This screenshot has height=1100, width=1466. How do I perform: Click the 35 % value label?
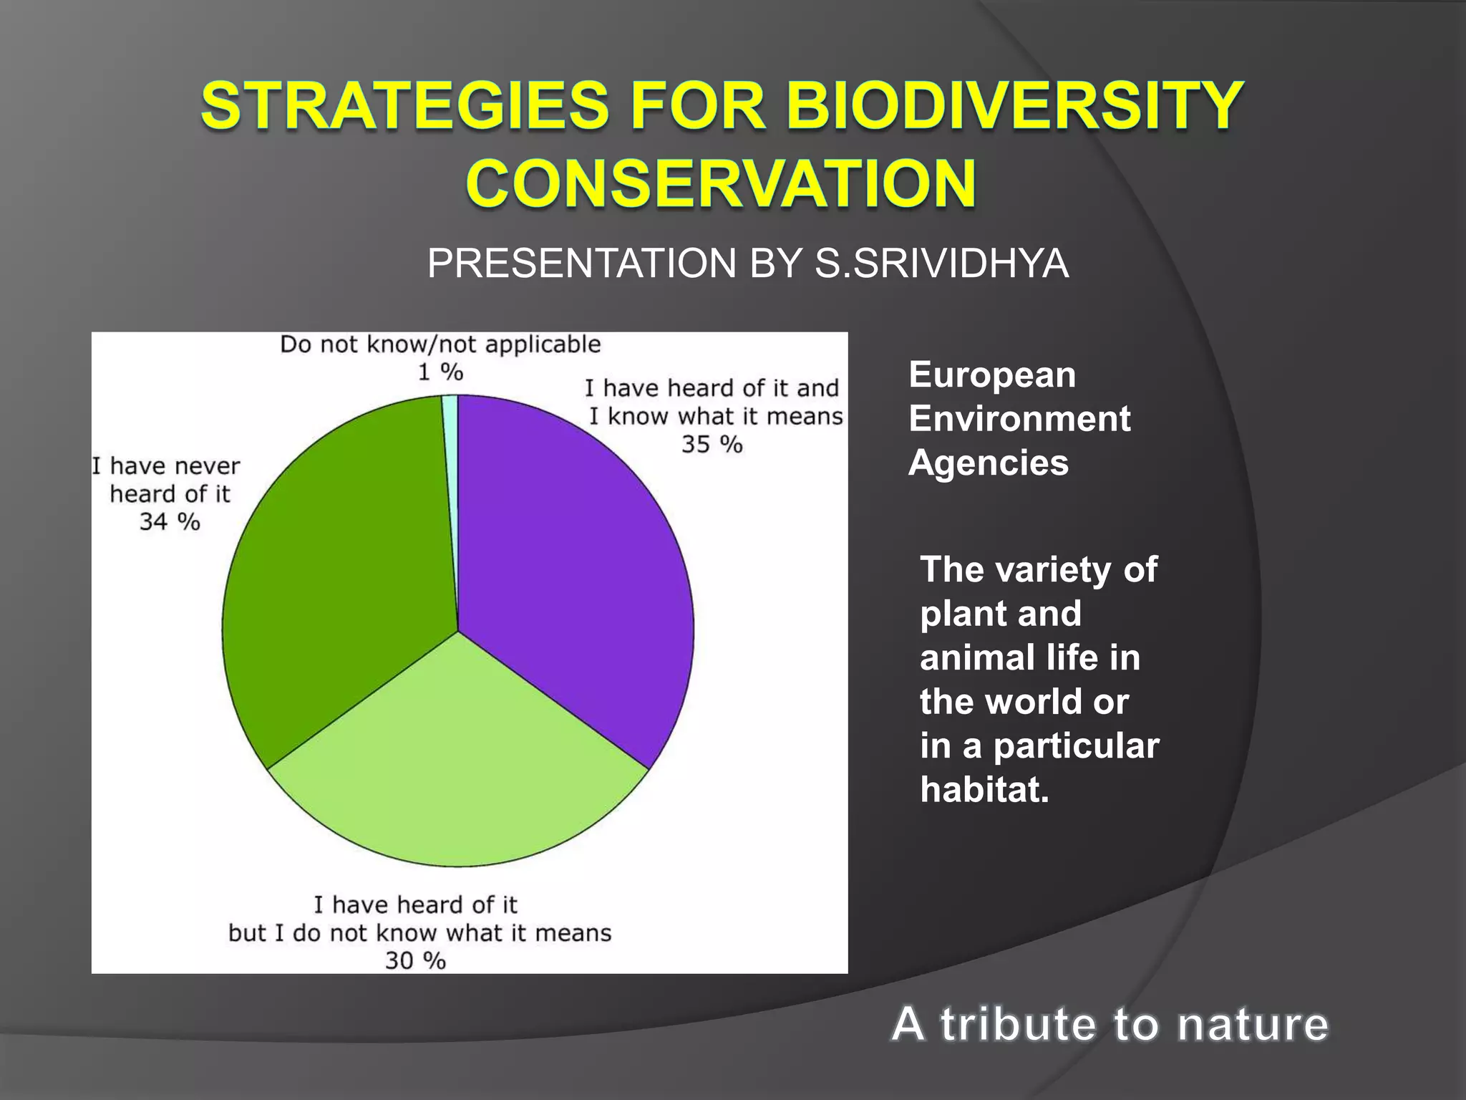(712, 445)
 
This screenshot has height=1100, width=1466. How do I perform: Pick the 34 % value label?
(170, 521)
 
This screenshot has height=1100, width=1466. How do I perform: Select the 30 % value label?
(415, 960)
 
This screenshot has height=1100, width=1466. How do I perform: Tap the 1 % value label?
(440, 372)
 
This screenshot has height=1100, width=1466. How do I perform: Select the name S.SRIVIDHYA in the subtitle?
(941, 264)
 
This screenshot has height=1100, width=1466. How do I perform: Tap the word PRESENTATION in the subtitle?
(582, 264)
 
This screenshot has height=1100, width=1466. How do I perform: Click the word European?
(992, 375)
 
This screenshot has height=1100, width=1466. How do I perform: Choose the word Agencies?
(989, 463)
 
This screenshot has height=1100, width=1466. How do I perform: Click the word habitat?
(984, 789)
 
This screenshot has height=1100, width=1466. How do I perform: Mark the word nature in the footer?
(1253, 1024)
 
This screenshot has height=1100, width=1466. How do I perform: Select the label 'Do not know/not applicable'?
(440, 344)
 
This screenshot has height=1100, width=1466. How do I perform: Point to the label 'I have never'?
(166, 466)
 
